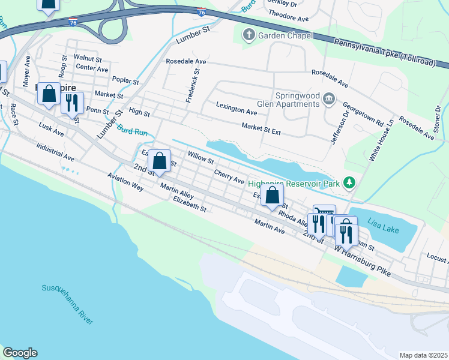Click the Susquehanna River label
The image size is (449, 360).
[67, 305]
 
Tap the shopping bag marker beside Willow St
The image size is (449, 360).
[159, 161]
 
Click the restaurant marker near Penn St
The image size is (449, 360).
[71, 103]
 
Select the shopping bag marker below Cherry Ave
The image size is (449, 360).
[273, 196]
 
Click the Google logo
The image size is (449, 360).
[20, 353]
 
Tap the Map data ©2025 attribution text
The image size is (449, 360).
[423, 355]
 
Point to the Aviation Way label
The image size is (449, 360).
[125, 183]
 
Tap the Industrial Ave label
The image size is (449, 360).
[55, 152]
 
